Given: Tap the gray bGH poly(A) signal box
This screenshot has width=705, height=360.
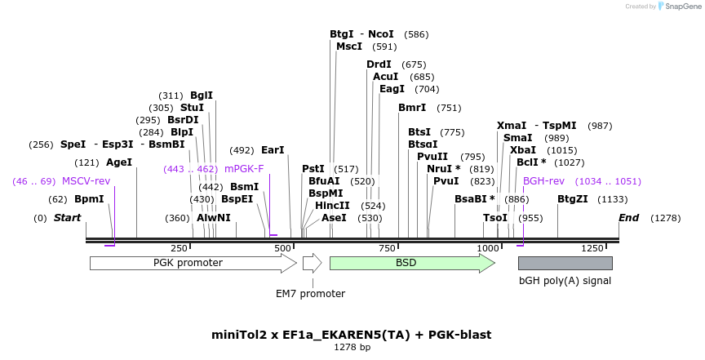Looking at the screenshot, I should [565, 263].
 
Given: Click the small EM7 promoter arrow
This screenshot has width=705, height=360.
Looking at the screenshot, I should [312, 263].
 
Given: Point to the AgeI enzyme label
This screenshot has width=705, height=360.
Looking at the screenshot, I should [119, 162].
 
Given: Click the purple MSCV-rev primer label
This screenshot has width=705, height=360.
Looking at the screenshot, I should [86, 181].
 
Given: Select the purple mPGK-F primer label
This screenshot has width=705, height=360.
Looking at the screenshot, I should [244, 169].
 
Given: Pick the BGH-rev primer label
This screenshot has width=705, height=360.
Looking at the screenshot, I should [543, 181].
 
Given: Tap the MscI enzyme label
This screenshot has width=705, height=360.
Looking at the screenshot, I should [349, 47].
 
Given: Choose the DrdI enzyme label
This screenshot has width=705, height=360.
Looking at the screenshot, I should [379, 64].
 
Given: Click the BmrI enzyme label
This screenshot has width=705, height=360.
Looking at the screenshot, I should [412, 108].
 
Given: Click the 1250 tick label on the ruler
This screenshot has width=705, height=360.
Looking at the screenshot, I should [592, 248].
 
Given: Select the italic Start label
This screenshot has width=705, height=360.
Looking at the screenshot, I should [68, 218].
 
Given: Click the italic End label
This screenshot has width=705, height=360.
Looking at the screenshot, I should [628, 218].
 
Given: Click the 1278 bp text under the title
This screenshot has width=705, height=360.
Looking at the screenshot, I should [352, 347].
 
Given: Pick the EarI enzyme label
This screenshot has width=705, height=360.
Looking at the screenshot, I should [273, 150].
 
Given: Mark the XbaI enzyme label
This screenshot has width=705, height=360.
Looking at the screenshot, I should [523, 150].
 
